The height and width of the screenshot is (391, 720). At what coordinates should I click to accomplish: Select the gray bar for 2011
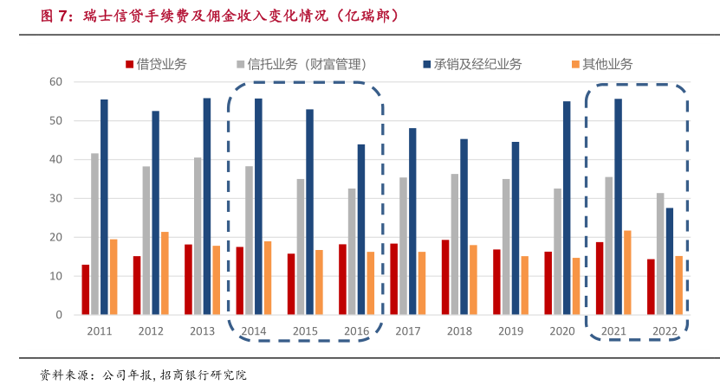click(94, 234)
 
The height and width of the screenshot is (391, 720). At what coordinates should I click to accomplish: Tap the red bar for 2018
click(445, 278)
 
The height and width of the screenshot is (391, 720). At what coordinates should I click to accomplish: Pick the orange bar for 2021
click(628, 272)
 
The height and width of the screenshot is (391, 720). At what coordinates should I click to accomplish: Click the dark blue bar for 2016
click(361, 229)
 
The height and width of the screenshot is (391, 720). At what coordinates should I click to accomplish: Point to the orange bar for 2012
click(165, 273)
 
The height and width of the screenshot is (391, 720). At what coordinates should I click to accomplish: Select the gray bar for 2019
click(506, 247)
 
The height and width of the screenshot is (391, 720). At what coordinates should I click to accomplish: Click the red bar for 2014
click(239, 281)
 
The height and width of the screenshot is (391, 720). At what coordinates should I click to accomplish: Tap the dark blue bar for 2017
click(412, 221)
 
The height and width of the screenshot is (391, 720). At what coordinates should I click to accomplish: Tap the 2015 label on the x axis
click(305, 331)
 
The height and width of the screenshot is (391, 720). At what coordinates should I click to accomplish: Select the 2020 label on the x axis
click(562, 331)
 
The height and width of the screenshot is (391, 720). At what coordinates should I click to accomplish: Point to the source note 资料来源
click(143, 375)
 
